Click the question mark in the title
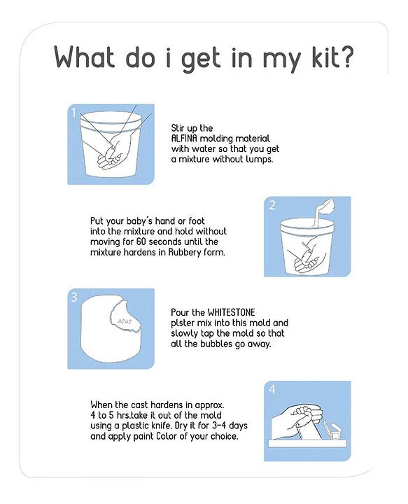pyautogui.click(x=344, y=56)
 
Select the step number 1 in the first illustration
pyautogui.click(x=73, y=113)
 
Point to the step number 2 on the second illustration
pyautogui.click(x=272, y=205)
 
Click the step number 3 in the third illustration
pyautogui.click(x=74, y=297)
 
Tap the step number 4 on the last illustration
pyautogui.click(x=272, y=389)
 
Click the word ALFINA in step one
pyautogui.click(x=184, y=139)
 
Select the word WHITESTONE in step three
pyautogui.click(x=232, y=312)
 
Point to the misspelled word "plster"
pyautogui.click(x=181, y=323)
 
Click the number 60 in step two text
pyautogui.click(x=141, y=241)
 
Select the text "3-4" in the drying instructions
pyautogui.click(x=220, y=426)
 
